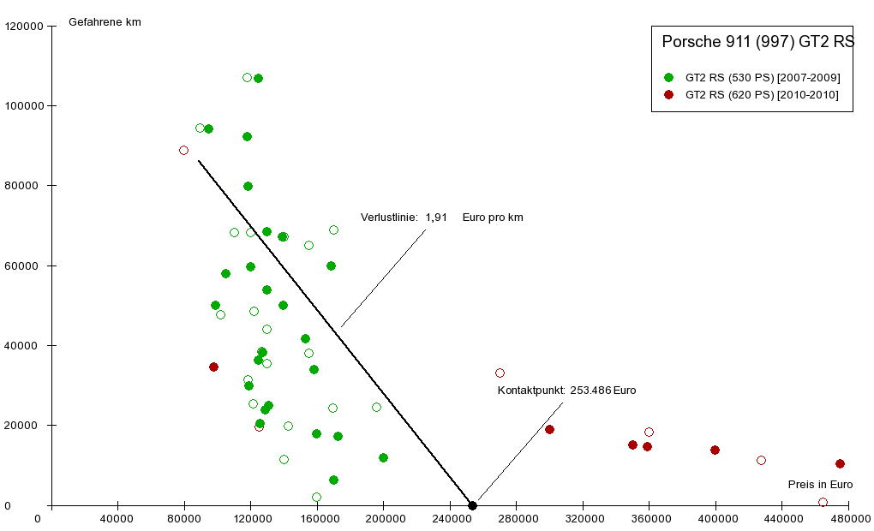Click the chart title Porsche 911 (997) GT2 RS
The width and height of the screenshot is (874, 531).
(758, 41)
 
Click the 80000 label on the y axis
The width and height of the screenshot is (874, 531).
(26, 186)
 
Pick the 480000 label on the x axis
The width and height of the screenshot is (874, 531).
(848, 519)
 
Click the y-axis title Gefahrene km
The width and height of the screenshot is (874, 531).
(105, 22)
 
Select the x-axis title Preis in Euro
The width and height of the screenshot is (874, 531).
(820, 485)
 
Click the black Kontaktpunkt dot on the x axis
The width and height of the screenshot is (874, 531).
(472, 505)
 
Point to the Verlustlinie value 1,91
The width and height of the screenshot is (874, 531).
(436, 218)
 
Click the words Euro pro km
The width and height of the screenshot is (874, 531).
(493, 218)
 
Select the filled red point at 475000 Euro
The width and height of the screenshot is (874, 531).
(840, 464)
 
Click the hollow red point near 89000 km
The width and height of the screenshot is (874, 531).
(183, 150)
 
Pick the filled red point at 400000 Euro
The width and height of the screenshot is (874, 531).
(715, 450)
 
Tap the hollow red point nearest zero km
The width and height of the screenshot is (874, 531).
(823, 503)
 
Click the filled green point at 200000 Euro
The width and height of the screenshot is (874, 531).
(383, 458)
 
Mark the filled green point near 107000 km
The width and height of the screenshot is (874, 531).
(258, 79)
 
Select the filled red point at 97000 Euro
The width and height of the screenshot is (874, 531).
(213, 367)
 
